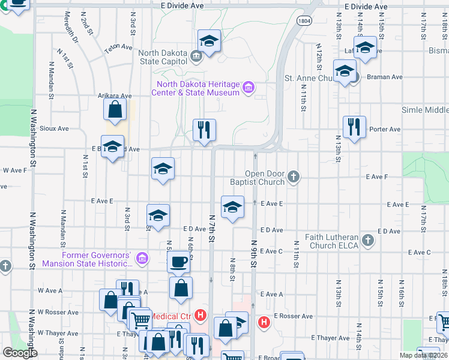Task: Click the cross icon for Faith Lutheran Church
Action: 369,241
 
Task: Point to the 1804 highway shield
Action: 304,20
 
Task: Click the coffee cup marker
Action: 178,262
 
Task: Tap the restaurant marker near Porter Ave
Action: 354,127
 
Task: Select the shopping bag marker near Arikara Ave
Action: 115,110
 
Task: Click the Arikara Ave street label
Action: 114,95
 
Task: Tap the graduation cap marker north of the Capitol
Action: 209,41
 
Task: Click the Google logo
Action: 20,353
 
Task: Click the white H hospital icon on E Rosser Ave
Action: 264,323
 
